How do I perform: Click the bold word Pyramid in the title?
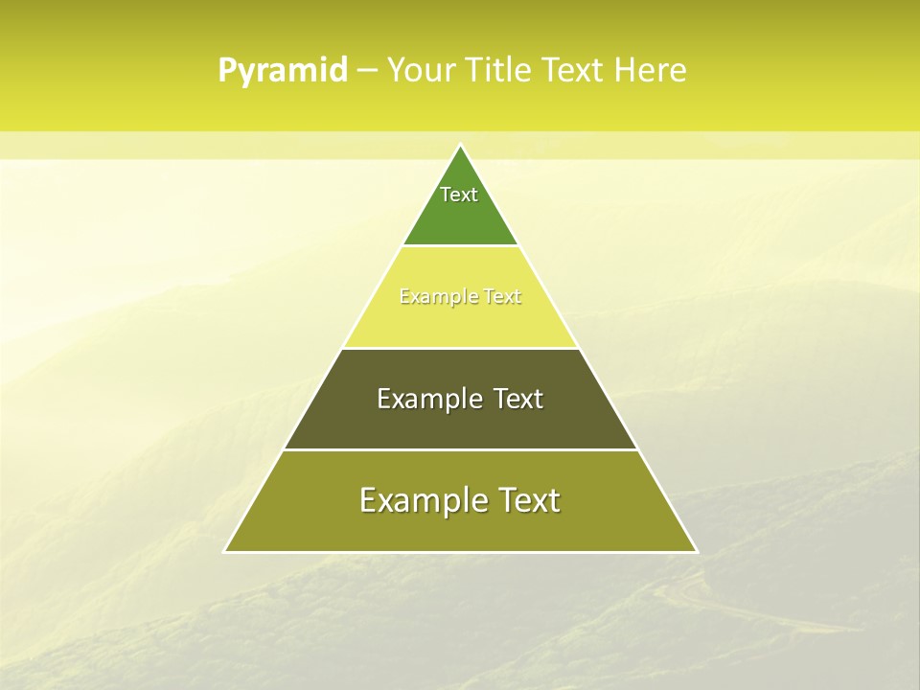tap(283, 71)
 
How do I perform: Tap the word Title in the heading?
tap(502, 70)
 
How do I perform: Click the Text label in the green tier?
tap(459, 195)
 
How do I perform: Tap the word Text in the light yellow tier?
tap(502, 297)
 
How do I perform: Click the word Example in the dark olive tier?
tap(429, 399)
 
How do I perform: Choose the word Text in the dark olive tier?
tap(518, 399)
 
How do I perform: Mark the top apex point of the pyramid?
tap(460, 145)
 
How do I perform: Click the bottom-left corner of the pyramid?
tap(225, 551)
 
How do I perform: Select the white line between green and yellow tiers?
tap(460, 246)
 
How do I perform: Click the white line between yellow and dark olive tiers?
tap(460, 348)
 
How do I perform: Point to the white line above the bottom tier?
tap(460, 449)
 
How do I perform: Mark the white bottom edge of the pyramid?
tap(460, 552)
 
